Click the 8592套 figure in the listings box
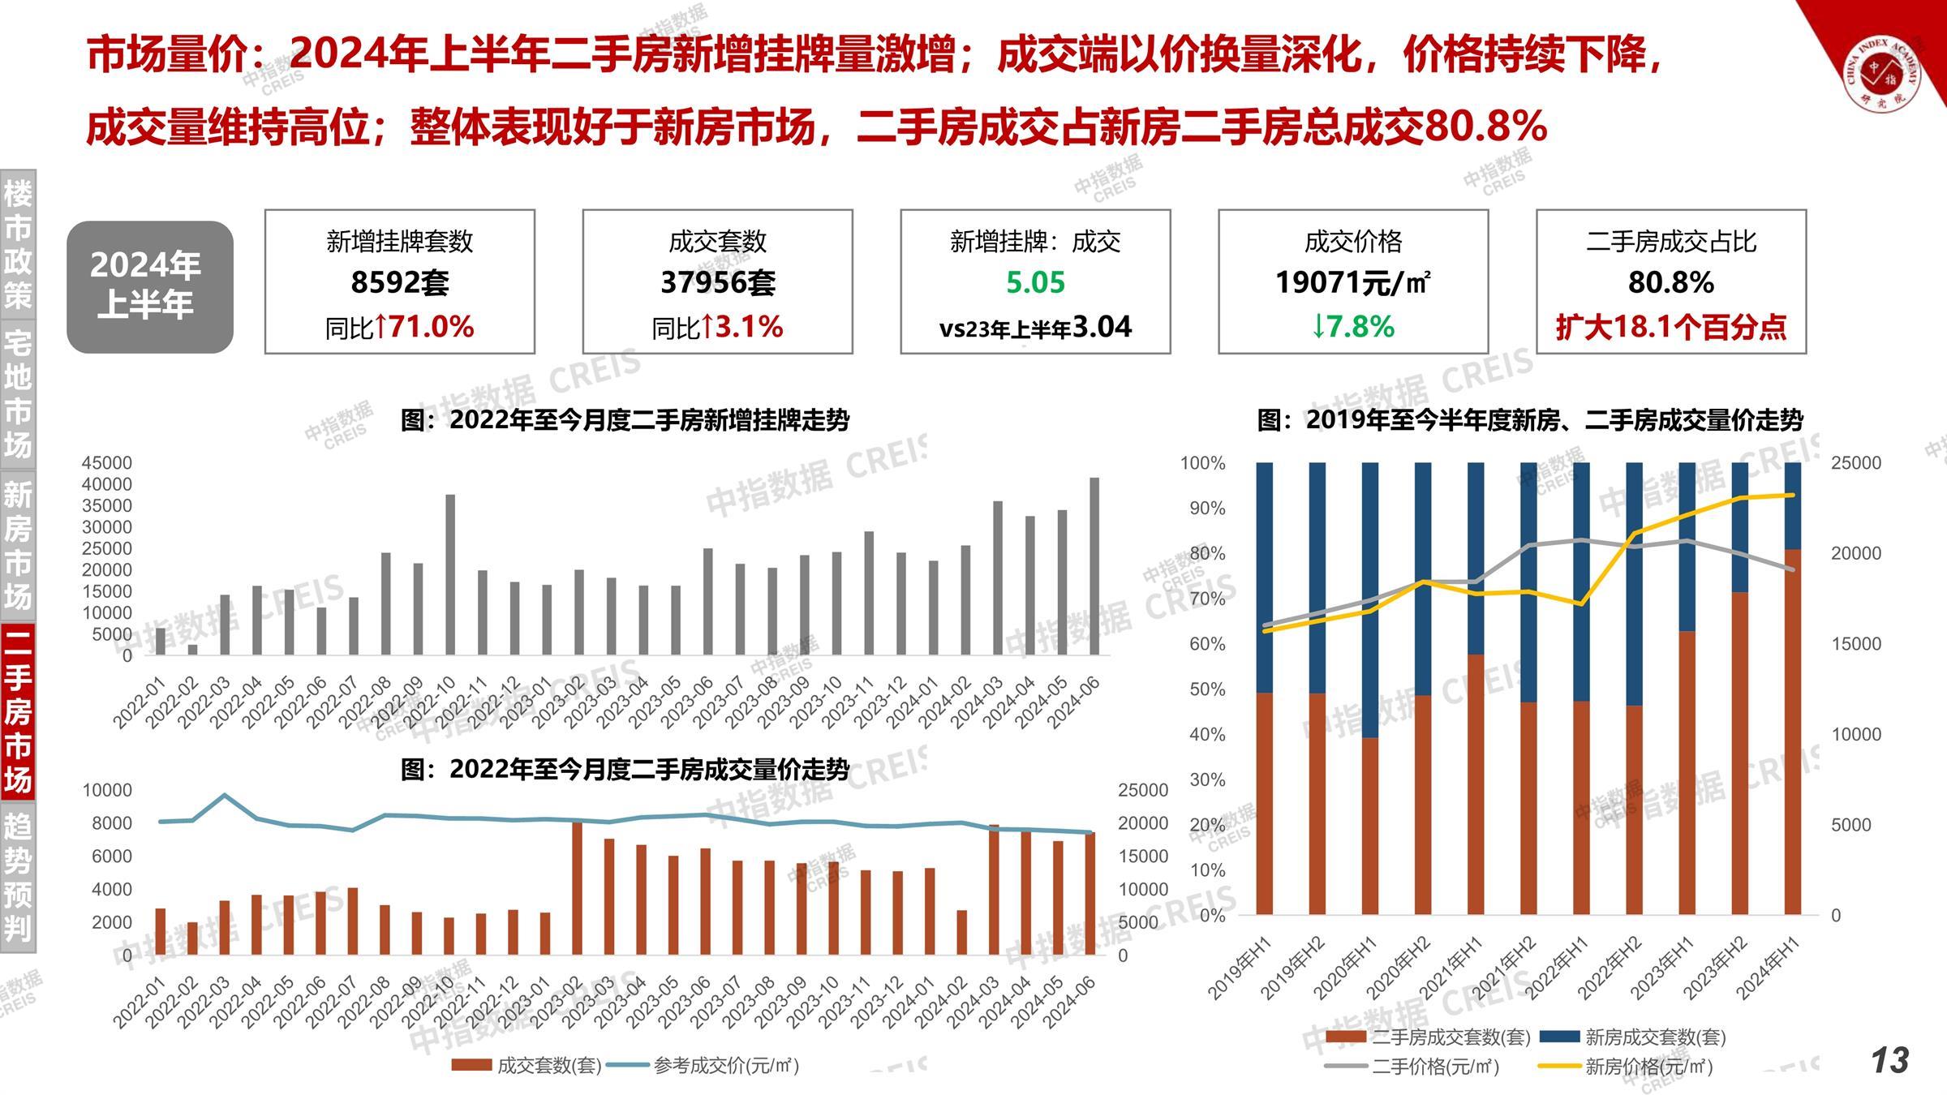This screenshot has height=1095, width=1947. click(399, 283)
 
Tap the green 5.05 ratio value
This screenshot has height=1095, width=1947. click(1035, 283)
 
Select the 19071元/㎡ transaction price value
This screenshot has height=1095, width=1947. click(1352, 283)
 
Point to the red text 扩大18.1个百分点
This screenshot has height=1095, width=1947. click(1670, 327)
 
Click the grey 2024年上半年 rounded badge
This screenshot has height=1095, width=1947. click(150, 286)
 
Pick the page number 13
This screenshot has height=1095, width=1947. click(1889, 1060)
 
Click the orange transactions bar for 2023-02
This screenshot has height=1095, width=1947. click(577, 887)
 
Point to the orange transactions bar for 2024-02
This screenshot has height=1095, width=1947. click(962, 932)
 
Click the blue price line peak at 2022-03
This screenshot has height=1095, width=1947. click(225, 795)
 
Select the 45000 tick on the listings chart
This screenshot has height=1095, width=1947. click(106, 462)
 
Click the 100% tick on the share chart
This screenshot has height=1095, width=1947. click(1202, 463)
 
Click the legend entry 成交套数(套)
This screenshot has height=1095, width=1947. click(548, 1065)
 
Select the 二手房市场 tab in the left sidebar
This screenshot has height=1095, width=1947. click(18, 711)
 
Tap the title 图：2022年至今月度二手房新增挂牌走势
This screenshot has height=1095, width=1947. click(625, 420)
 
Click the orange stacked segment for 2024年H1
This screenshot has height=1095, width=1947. click(1792, 730)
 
